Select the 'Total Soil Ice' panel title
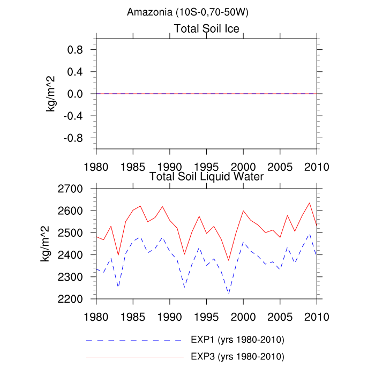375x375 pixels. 206,28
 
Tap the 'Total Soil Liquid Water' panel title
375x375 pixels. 206,176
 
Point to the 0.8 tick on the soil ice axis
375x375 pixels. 77,50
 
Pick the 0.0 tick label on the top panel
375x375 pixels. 77,94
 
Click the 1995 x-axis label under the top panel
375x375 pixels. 206,166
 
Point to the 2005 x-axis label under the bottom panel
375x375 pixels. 280,316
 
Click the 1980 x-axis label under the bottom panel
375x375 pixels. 96,316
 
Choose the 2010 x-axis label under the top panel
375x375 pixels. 317,166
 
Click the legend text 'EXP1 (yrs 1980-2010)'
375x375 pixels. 237,340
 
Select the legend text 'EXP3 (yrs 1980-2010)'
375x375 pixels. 237,356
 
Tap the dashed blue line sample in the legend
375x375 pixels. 134,340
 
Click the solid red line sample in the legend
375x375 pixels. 134,356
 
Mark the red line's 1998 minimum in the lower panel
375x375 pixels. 229,260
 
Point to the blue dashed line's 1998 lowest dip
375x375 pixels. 229,293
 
